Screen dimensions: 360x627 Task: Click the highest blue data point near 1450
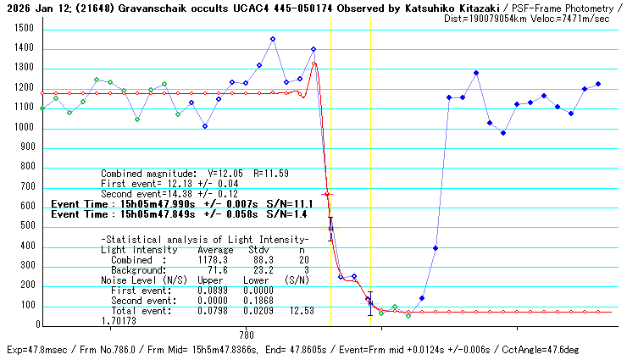[x=273, y=39]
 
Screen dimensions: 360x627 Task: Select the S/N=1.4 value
[x=283, y=215]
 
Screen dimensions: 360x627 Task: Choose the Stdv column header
[x=258, y=250]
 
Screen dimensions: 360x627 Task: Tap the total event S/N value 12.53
[x=301, y=311]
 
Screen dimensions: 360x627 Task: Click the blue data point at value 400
[x=436, y=248]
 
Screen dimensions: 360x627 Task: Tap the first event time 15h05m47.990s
[x=162, y=204]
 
